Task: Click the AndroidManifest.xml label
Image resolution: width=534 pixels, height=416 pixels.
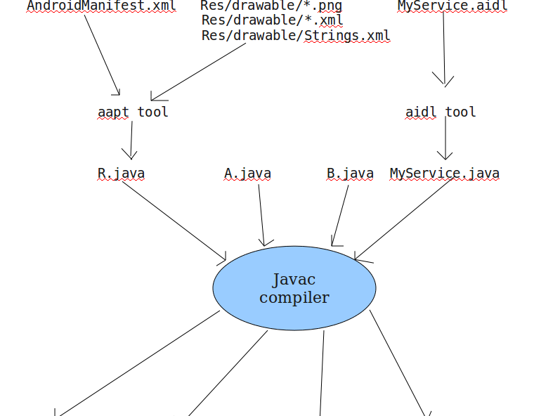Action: (101, 6)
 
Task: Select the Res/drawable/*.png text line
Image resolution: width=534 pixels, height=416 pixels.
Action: (271, 6)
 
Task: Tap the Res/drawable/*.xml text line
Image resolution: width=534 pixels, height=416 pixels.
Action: (272, 20)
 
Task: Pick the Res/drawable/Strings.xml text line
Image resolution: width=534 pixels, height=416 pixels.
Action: (296, 35)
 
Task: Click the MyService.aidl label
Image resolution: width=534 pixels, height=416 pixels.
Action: (452, 6)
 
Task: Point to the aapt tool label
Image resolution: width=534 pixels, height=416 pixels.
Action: (133, 112)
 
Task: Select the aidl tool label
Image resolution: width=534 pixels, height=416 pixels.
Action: (441, 112)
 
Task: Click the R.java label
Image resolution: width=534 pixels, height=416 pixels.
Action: (121, 174)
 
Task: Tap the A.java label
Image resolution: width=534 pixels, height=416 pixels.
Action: (247, 174)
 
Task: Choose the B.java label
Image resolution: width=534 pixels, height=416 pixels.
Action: (350, 174)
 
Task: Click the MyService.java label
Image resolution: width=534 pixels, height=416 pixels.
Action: (445, 174)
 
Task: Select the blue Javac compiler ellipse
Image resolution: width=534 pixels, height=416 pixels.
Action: (294, 288)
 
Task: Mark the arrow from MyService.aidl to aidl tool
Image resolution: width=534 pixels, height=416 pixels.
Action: (443, 49)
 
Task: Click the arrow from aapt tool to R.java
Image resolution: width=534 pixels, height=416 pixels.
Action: (131, 140)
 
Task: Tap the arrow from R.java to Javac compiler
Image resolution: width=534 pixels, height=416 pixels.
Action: (174, 221)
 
